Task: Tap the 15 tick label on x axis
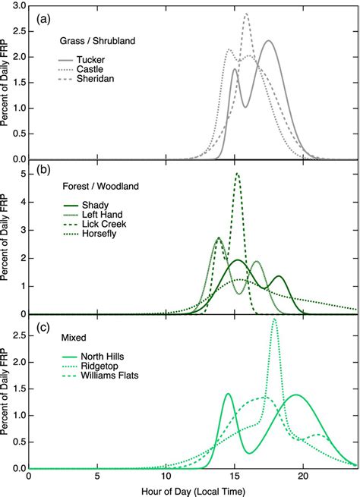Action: tap(235, 477)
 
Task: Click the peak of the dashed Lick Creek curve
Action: tap(238, 174)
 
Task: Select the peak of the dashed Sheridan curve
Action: tap(246, 14)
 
